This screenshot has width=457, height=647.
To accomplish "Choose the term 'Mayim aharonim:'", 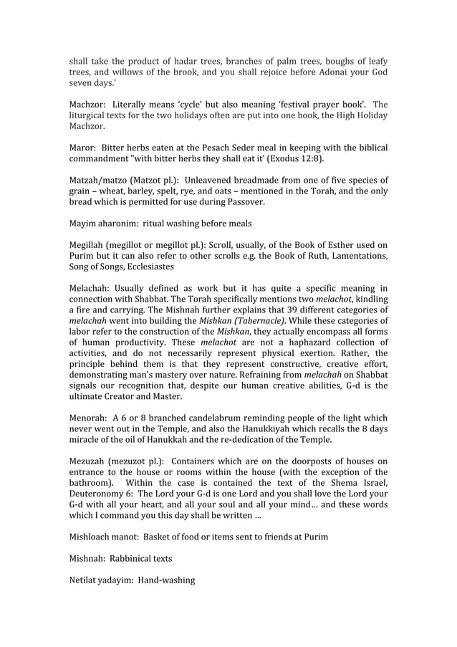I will [x=106, y=223].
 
